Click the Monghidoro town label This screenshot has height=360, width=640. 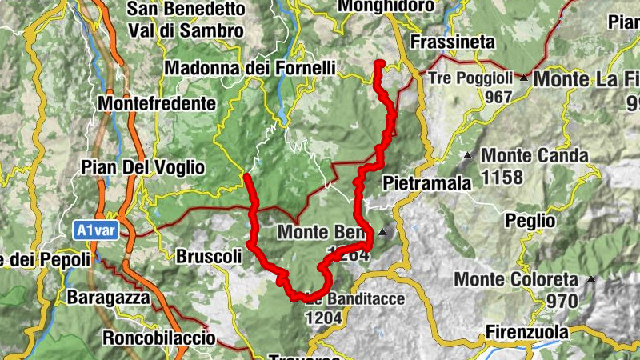[386, 6]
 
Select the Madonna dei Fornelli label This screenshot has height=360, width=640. [250, 69]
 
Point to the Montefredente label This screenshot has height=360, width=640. [157, 104]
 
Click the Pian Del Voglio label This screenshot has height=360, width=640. [142, 168]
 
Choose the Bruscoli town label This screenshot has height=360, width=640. [208, 258]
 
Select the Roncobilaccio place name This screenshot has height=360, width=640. [158, 338]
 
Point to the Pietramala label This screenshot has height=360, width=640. [427, 182]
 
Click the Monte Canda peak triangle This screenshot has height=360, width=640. [467, 155]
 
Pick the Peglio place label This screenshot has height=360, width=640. [529, 219]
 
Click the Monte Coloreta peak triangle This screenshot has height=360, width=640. [591, 279]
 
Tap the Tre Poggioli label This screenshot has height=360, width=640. [470, 78]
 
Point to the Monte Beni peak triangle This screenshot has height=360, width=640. [383, 233]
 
